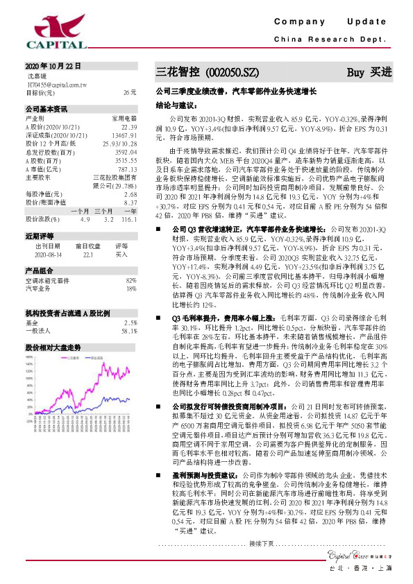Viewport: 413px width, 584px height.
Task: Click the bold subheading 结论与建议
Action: point(174,105)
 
